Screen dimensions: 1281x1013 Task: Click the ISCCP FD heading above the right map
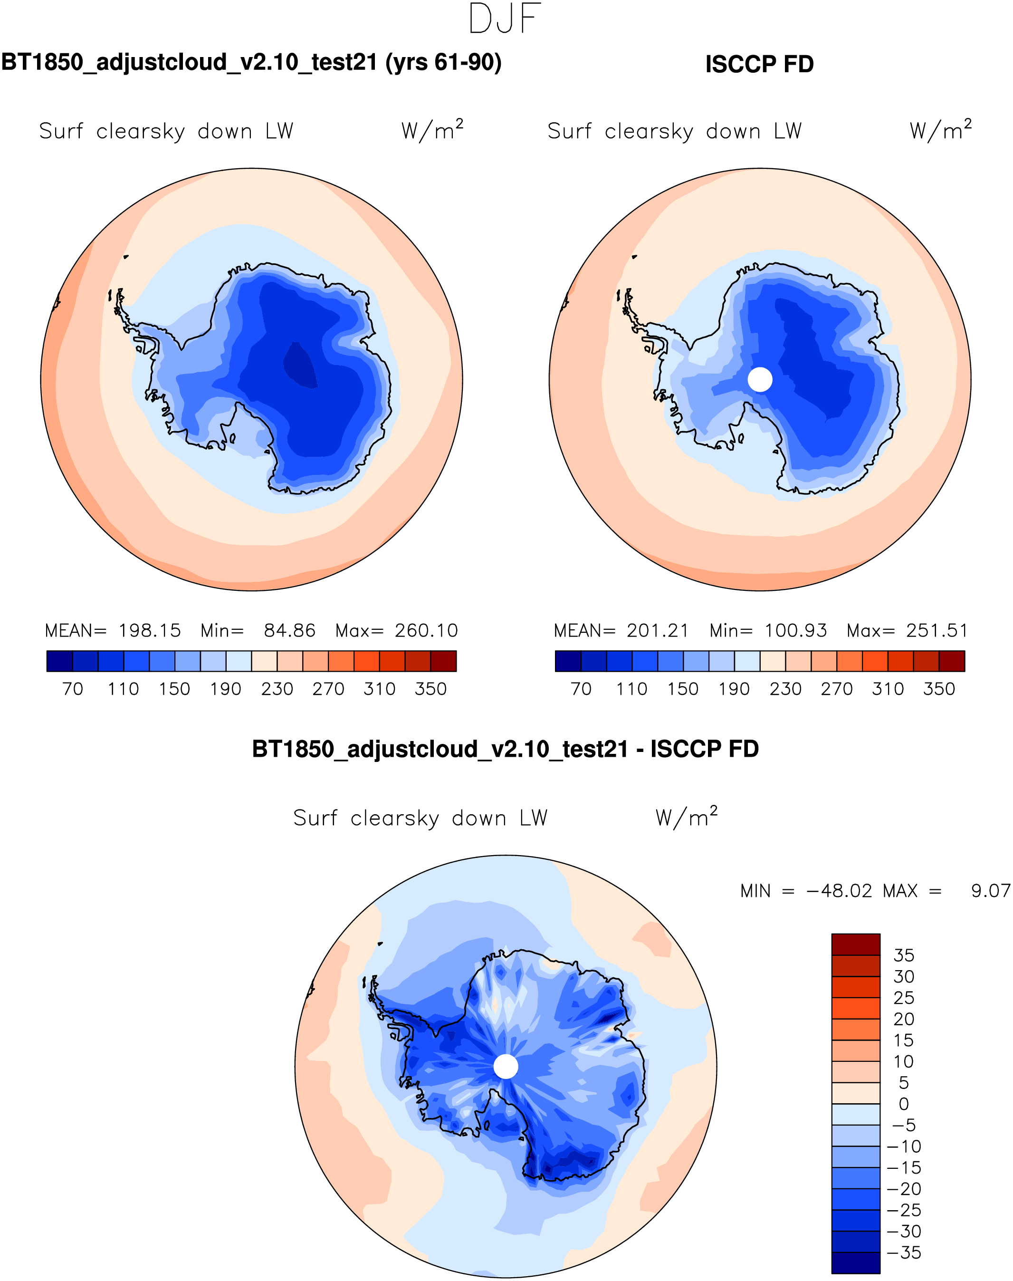tap(759, 64)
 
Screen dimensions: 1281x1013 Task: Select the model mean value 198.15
tap(150, 631)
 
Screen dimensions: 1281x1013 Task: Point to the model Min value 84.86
tap(289, 631)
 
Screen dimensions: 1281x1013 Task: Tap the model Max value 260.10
tap(426, 631)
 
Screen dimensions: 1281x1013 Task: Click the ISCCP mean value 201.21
tap(658, 631)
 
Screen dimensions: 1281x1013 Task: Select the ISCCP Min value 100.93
tap(795, 631)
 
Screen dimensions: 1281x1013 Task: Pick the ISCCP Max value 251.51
tap(937, 631)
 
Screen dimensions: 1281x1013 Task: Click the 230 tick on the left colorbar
tap(277, 689)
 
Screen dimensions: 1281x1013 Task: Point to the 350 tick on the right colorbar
tap(939, 689)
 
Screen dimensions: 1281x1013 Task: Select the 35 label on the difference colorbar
tap(904, 955)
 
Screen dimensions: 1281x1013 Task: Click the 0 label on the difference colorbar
tap(904, 1104)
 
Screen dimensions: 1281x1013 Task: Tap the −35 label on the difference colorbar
tap(904, 1252)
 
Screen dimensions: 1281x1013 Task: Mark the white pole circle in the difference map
tap(506, 1066)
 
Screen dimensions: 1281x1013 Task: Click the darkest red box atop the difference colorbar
tap(855, 944)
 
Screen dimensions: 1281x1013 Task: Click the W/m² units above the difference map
tap(686, 818)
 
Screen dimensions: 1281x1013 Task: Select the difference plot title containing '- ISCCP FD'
tap(506, 750)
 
